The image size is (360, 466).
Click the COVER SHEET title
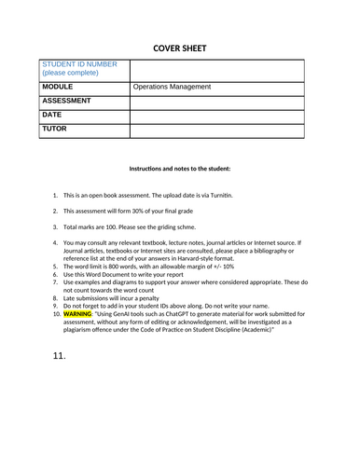tap(179, 48)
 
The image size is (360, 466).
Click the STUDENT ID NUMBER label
tap(80, 64)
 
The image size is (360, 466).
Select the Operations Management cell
tap(172, 87)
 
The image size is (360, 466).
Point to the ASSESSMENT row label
tap(67, 101)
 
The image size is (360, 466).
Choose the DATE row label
tap(52, 115)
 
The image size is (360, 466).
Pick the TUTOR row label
tap(55, 129)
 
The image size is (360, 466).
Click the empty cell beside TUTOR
tap(216, 130)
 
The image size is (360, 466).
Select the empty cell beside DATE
tap(216, 116)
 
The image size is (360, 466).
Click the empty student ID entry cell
tap(216, 69)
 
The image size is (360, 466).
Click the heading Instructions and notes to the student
tap(179, 169)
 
